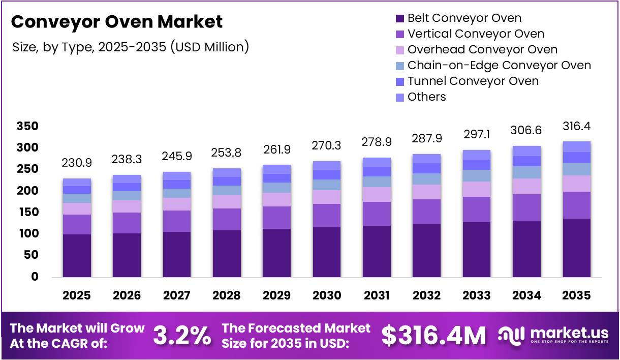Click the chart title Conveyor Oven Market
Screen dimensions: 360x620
point(116,22)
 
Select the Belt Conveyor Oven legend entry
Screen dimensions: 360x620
point(464,18)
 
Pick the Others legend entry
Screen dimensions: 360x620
point(426,97)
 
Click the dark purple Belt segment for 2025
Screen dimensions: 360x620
point(77,255)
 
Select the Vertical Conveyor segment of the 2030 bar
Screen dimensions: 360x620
point(327,216)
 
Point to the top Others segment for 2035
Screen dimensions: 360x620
point(577,146)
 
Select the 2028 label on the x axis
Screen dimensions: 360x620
point(227,295)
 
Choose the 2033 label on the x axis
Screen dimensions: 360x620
point(477,295)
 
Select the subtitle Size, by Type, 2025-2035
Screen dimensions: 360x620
point(131,47)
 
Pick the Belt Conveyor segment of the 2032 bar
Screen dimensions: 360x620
point(427,250)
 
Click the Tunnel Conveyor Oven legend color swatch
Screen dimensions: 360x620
point(400,81)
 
